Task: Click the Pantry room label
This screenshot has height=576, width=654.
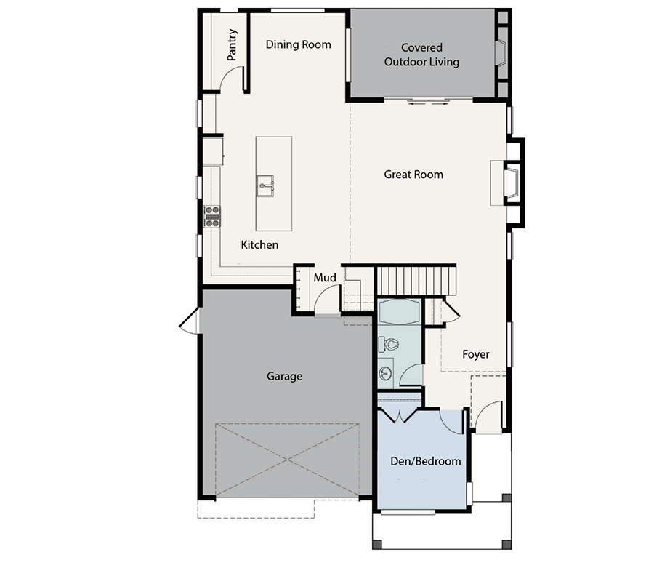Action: [x=233, y=44]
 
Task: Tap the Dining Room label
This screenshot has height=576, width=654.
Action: [x=298, y=44]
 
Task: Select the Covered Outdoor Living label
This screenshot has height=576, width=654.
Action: [x=421, y=55]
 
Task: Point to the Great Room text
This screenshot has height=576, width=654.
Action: [x=413, y=175]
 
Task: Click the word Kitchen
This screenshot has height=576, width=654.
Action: [x=259, y=245]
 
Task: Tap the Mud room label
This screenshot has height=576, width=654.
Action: [x=325, y=278]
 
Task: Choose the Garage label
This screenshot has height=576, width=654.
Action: [x=284, y=377]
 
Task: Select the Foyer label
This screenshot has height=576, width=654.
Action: [x=476, y=354]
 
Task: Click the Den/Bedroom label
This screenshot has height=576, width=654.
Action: [x=425, y=461]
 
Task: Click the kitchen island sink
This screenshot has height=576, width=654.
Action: [x=265, y=186]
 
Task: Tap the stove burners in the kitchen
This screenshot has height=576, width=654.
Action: [x=212, y=217]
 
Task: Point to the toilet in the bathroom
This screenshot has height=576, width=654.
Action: [x=388, y=344]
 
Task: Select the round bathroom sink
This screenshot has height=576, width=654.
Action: [x=386, y=373]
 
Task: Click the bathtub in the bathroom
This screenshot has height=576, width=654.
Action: [x=399, y=312]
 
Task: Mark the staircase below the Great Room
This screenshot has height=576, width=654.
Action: [x=416, y=281]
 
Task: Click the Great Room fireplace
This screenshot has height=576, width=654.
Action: [x=512, y=183]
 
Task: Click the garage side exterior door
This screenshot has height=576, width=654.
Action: [x=190, y=321]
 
